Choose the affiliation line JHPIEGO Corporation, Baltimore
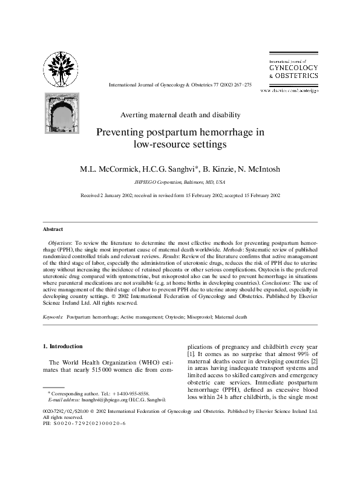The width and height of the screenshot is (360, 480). point(178,181)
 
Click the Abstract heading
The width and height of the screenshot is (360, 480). point(53,229)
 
